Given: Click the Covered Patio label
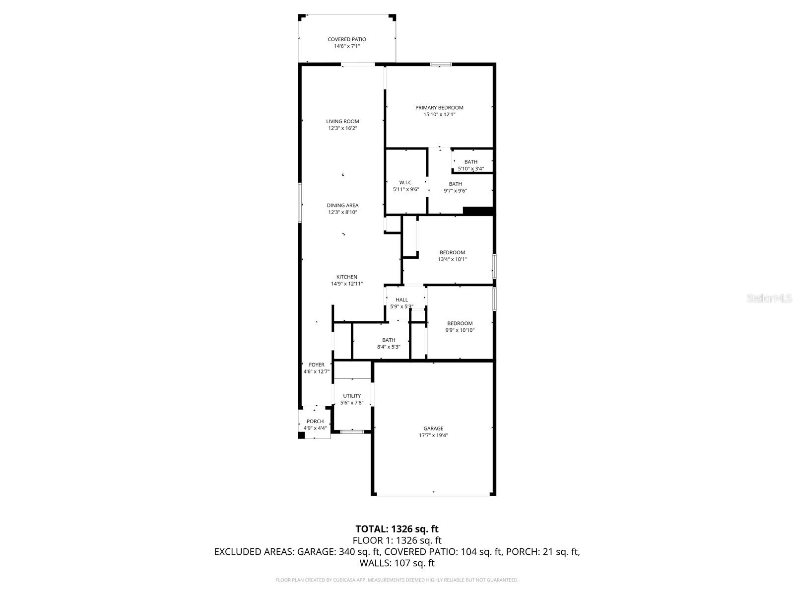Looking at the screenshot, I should tap(346, 39).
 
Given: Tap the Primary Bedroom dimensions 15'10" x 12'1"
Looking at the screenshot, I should tap(439, 115).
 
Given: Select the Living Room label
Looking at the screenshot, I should tap(342, 121).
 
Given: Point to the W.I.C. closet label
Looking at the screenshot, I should tap(406, 182).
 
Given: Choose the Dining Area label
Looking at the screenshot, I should tap(342, 205).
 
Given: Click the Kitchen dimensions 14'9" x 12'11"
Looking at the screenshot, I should tap(347, 284).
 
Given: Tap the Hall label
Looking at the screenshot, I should tap(401, 299).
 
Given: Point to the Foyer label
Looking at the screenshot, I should tap(317, 365).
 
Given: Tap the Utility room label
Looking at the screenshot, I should tap(352, 396).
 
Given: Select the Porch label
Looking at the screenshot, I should tap(315, 421).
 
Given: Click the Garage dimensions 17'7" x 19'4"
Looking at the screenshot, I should tap(433, 436).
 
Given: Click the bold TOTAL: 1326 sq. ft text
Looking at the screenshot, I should tap(397, 529).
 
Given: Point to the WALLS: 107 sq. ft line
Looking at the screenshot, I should tap(397, 563).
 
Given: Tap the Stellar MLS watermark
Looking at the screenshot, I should tap(769, 298).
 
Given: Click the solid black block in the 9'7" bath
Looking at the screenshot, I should tap(477, 211).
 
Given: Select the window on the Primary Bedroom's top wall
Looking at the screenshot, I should tap(441, 64).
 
